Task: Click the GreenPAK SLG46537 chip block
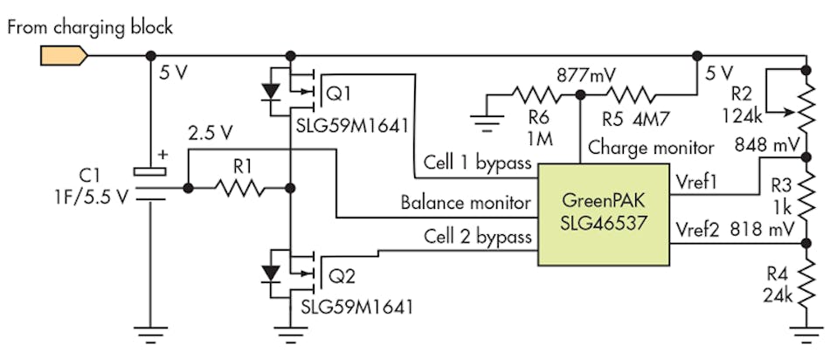pyautogui.click(x=603, y=213)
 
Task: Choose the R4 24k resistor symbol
pyautogui.click(x=803, y=281)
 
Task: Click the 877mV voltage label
pyautogui.click(x=579, y=74)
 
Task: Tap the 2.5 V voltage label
pyautogui.click(x=210, y=133)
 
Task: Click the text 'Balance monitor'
pyautogui.click(x=466, y=203)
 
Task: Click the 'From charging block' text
pyautogui.click(x=88, y=26)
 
